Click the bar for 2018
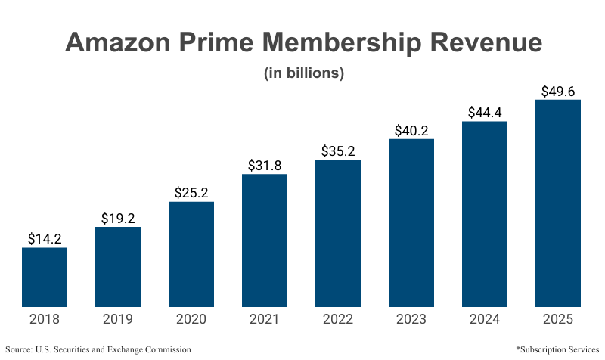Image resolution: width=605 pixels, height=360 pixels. [45, 277]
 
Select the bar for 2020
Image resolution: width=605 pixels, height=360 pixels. [191, 254]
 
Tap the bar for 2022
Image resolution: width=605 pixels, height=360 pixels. [338, 233]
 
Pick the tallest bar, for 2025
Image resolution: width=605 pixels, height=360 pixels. [558, 203]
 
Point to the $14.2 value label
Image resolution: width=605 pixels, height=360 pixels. [45, 238]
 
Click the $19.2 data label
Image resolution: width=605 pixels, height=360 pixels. [118, 218]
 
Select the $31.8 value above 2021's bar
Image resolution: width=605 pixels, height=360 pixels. [265, 165]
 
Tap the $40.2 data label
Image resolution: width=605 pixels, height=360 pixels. [411, 129]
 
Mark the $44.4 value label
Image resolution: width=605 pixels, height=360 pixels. [485, 112]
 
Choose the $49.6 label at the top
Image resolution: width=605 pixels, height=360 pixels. [558, 92]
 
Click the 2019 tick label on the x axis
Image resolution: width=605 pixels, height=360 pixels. [118, 319]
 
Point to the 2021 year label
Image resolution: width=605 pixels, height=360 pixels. [265, 319]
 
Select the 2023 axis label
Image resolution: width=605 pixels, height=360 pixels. [411, 319]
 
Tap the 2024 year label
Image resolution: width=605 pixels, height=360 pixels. [485, 319]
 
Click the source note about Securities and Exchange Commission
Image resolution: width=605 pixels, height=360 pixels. [98, 349]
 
